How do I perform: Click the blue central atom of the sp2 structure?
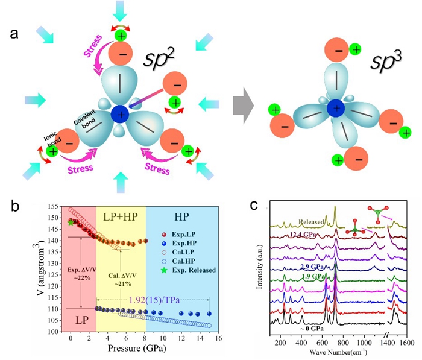[121, 113]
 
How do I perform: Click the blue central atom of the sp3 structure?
[335, 109]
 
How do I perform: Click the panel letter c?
[254, 205]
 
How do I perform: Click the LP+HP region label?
[122, 215]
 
